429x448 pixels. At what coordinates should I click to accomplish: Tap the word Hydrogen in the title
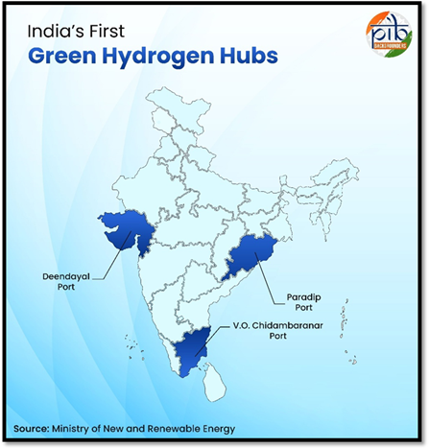164,56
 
